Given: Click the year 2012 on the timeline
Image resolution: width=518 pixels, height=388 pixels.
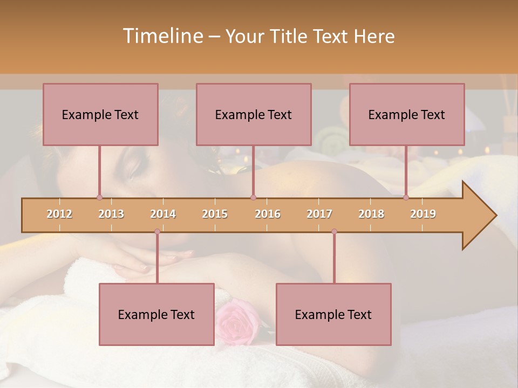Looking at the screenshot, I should coord(59,214).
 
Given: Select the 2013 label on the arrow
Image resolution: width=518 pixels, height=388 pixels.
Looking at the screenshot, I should coord(111,214).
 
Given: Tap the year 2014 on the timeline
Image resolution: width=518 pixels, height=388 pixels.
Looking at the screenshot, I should coord(163,214).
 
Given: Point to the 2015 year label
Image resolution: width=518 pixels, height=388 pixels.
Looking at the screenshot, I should coord(215,214).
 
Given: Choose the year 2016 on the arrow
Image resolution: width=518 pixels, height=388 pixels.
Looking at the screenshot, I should coord(268,214).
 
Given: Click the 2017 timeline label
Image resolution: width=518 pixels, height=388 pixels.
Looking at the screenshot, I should coord(319,214).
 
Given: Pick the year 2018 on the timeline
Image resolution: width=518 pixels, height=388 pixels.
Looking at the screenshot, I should coord(371,214).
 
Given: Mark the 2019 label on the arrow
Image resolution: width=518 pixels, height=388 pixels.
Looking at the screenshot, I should coord(423,214).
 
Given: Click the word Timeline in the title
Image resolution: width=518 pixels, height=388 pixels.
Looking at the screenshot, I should coord(162,36).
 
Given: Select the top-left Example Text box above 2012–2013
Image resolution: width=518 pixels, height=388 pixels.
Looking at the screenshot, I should coord(100,114).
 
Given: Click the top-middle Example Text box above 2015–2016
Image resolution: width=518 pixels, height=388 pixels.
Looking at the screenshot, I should coord(254,114).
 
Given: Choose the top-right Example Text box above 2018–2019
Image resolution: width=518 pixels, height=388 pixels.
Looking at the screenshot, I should coord(407,114).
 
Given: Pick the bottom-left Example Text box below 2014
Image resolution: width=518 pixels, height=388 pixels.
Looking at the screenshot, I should coord(156,314).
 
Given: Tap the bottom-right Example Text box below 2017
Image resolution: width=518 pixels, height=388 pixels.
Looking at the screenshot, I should coord(333,314).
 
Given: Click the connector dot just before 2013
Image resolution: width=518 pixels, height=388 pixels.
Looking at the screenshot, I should coord(99,197).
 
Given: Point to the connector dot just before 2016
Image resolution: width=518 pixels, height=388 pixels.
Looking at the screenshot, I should coord(253,197).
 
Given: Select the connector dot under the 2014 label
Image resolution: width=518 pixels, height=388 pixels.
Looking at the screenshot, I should coord(157,232).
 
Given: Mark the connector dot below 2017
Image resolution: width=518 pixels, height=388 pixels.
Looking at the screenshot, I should coord(334,232).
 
